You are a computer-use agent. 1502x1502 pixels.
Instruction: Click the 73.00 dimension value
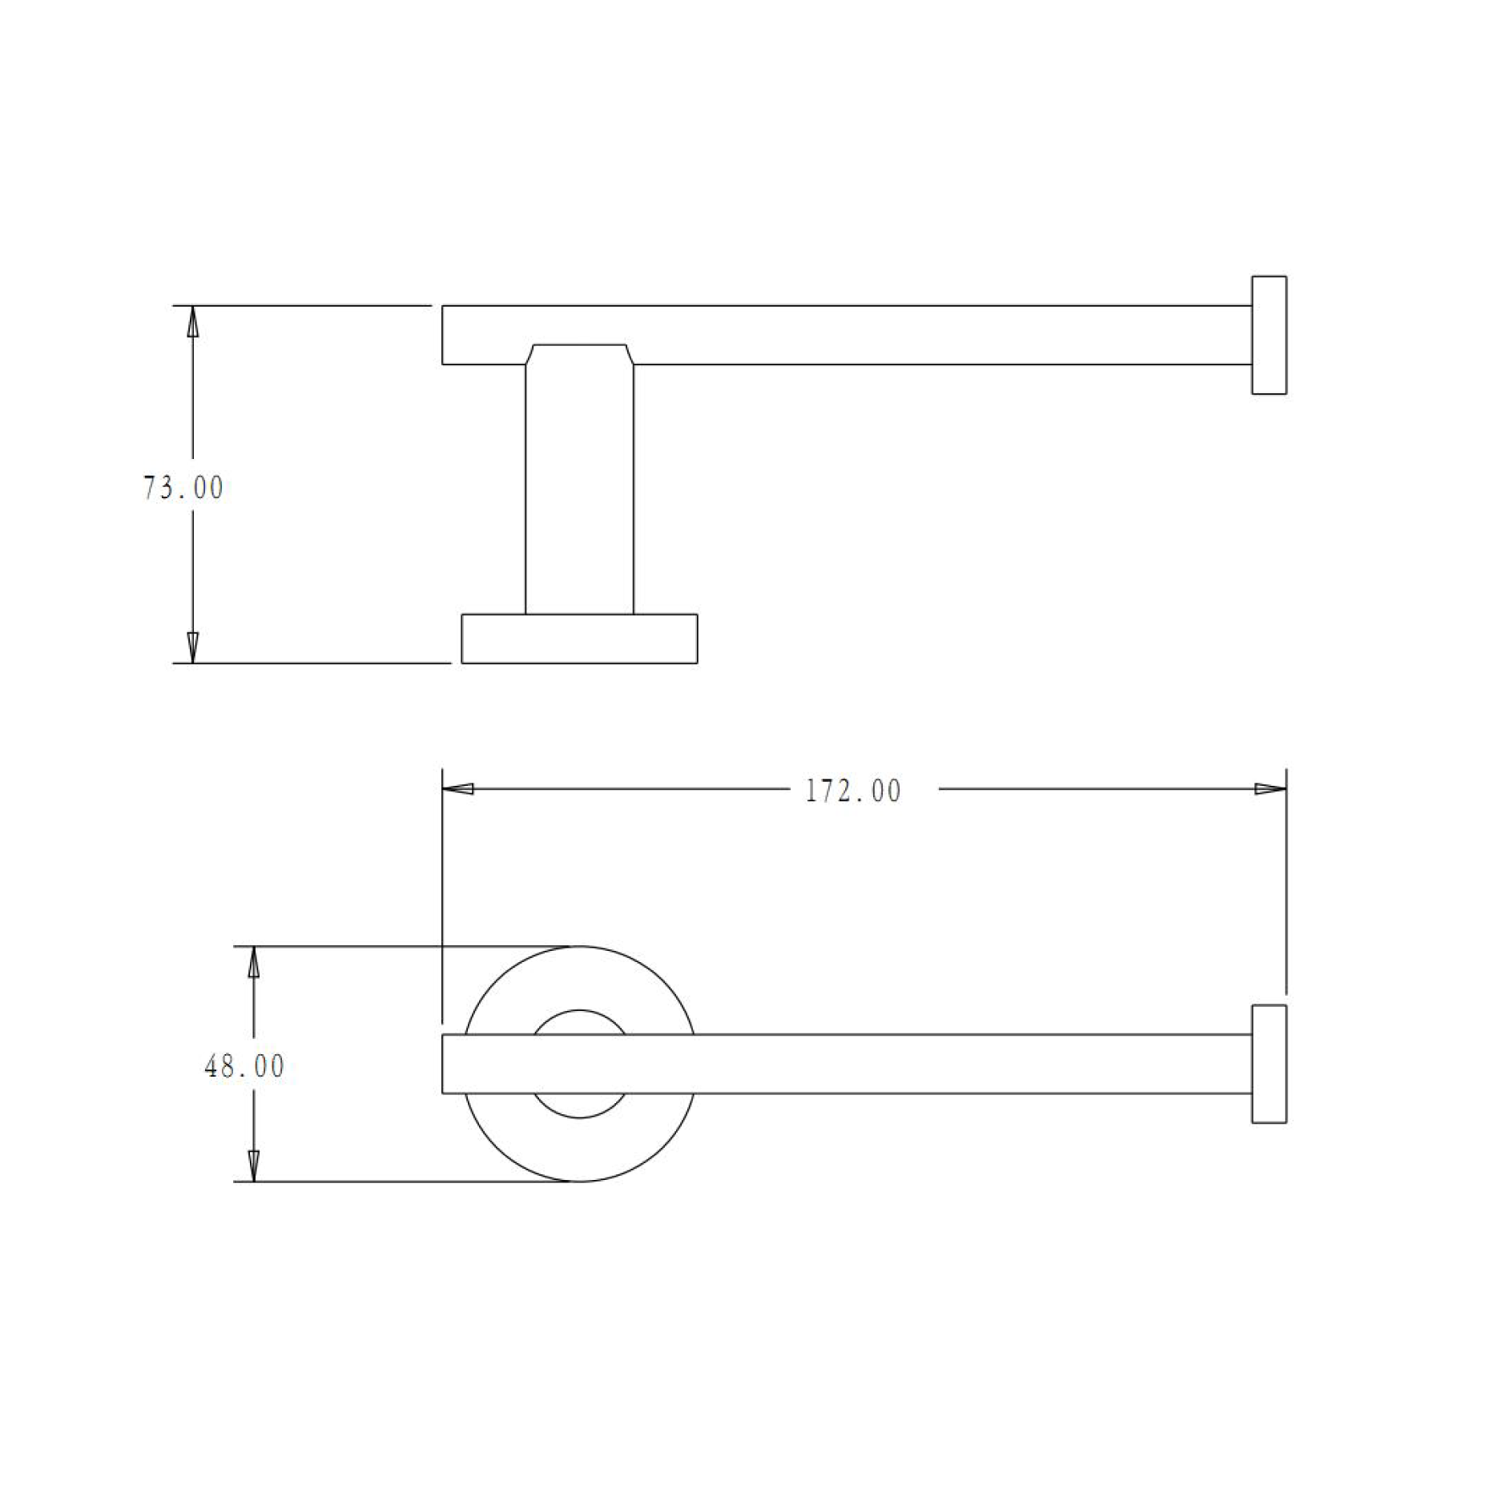[183, 488]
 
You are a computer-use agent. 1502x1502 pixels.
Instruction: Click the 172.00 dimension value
[852, 791]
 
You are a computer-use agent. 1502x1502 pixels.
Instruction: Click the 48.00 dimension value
[244, 1067]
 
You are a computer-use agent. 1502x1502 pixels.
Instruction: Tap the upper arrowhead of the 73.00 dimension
[192, 321]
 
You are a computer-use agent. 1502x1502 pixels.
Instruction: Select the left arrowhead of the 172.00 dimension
[458, 789]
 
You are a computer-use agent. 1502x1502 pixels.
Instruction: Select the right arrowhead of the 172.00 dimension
[1270, 789]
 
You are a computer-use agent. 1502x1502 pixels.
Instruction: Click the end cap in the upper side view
[1269, 335]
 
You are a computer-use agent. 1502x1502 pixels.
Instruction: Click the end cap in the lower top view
[1269, 1064]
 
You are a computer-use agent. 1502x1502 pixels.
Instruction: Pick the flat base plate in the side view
[579, 638]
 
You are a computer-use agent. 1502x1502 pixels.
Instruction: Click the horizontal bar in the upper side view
[881, 335]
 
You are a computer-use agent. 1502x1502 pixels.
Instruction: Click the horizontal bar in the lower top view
[881, 1064]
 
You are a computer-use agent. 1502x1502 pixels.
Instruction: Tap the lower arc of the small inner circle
[580, 1117]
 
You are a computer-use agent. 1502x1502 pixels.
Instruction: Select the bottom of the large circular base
[580, 1181]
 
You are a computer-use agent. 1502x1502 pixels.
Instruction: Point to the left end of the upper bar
[444, 335]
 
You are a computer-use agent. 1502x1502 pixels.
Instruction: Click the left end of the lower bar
[444, 1064]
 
